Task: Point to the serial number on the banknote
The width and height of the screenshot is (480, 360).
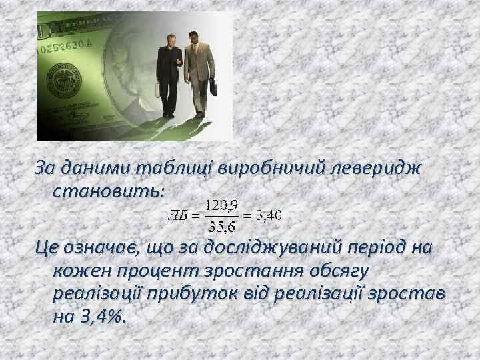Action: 66,47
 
